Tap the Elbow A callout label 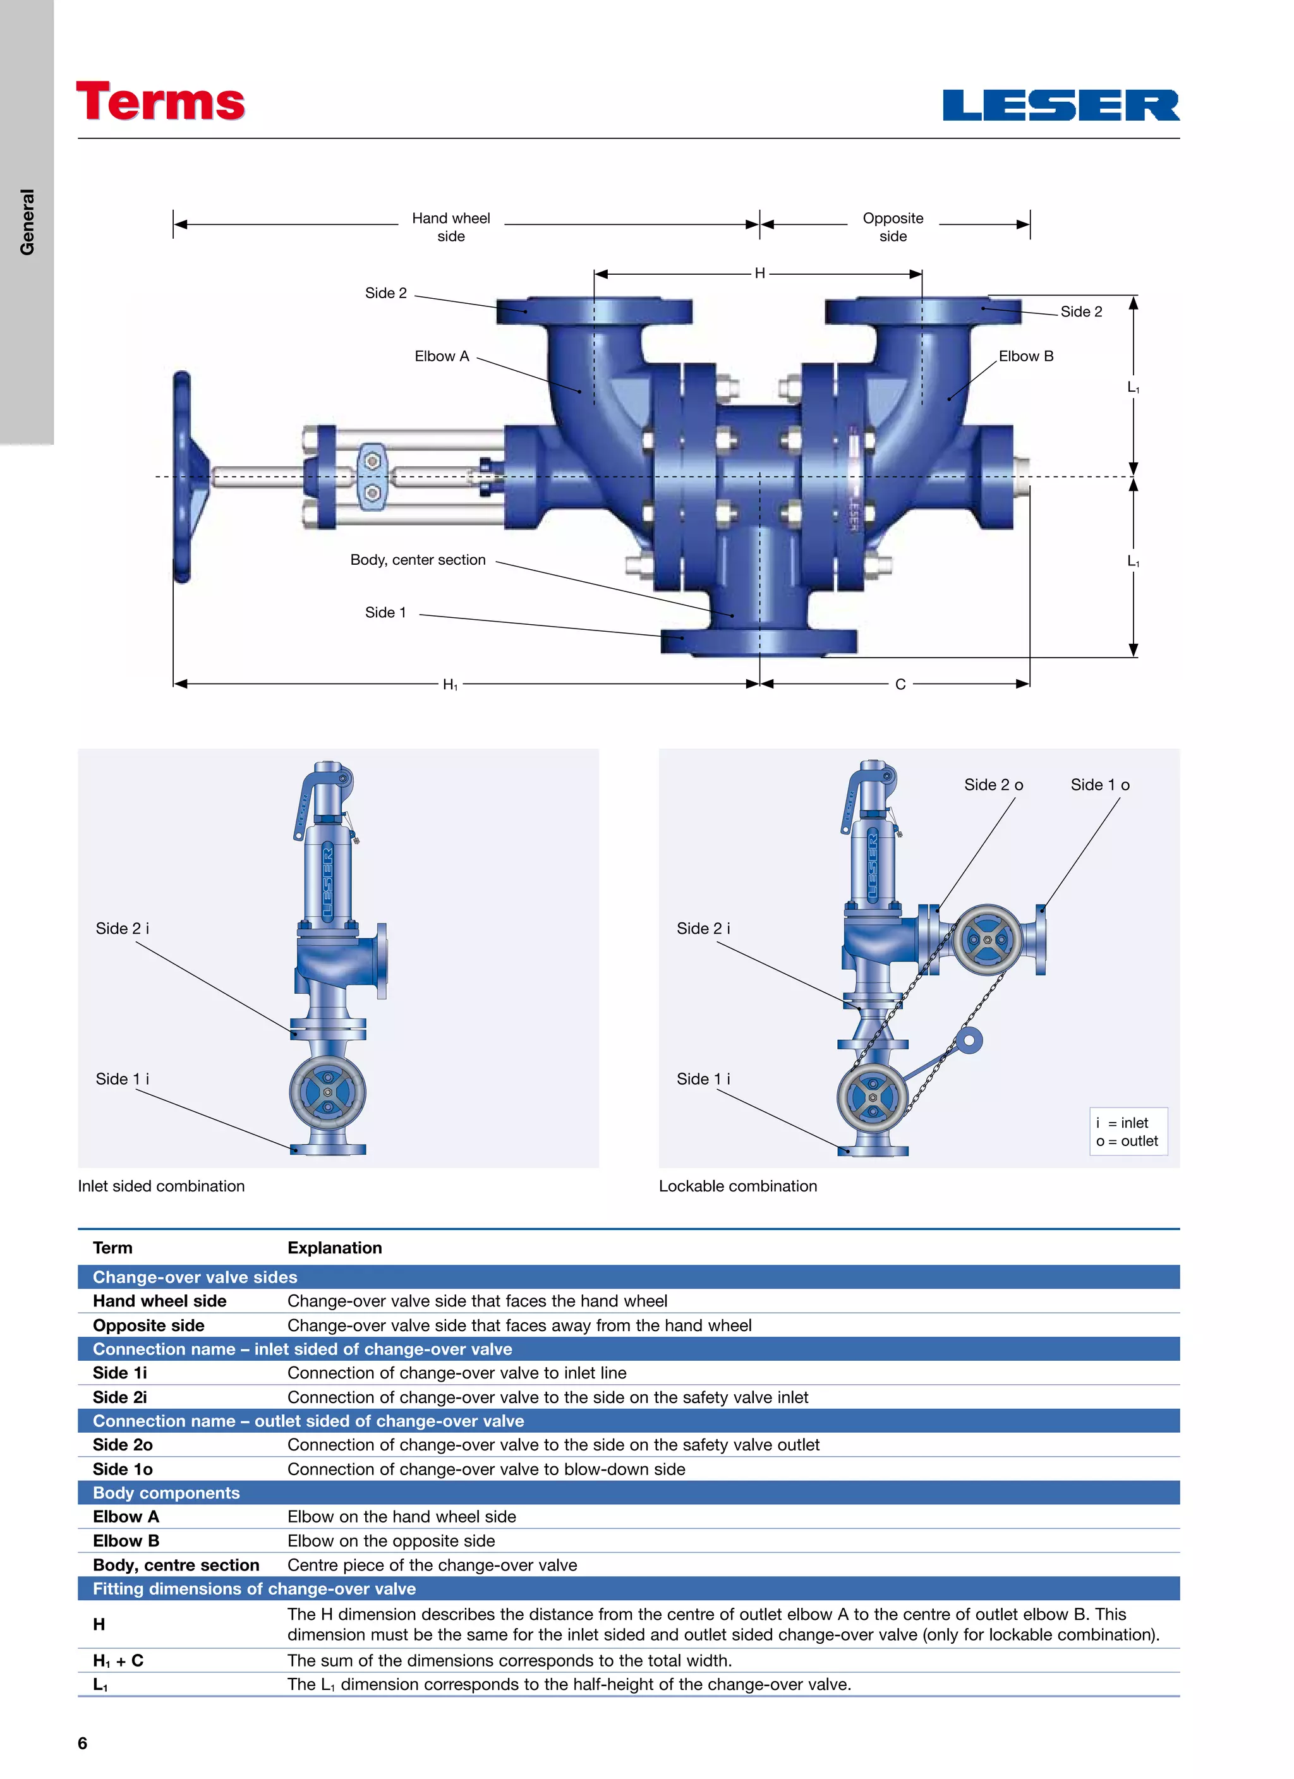tap(441, 356)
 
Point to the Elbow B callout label tap(1025, 356)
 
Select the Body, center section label tap(418, 560)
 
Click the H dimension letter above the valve tap(759, 273)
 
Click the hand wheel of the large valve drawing tap(183, 476)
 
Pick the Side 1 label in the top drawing tap(385, 613)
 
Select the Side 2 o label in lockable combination tap(993, 785)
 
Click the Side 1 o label tap(1099, 785)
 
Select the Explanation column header tap(334, 1248)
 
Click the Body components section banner tap(166, 1493)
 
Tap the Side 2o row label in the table tap(123, 1445)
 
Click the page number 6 tap(82, 1743)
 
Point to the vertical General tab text tap(27, 222)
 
